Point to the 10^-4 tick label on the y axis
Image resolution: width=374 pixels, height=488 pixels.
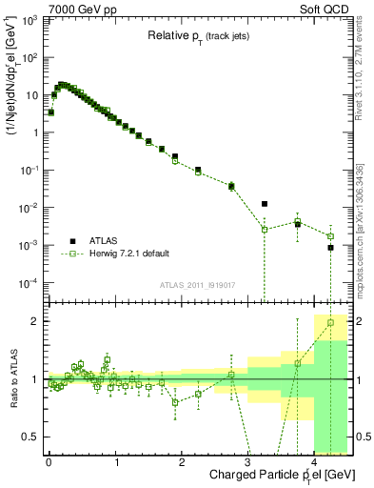(29, 283)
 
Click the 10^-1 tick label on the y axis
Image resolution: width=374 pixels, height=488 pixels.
(29, 171)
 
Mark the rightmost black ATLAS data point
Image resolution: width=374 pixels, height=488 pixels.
(330, 248)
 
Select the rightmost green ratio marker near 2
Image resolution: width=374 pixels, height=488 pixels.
(330, 323)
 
